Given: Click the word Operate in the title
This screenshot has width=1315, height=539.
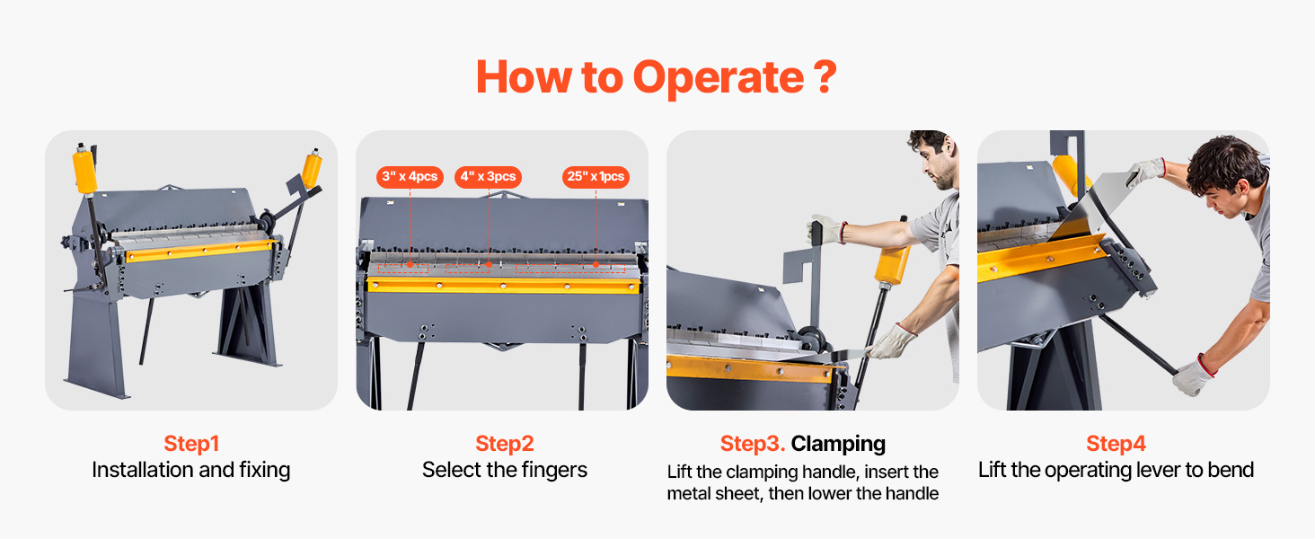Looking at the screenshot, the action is (719, 78).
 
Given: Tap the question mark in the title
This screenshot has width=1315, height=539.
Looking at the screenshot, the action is (825, 77).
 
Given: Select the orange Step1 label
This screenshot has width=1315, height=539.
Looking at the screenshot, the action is (191, 443).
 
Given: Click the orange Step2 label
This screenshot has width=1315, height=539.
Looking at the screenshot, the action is (504, 443).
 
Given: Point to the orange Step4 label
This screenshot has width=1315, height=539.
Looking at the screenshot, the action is (1116, 443).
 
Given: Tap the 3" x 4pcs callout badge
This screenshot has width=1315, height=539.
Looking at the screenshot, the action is (410, 177).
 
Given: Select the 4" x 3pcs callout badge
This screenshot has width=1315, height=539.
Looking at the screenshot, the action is (488, 177).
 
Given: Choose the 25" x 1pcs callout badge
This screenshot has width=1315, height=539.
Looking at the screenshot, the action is (596, 177).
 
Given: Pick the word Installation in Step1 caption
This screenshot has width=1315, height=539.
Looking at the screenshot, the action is (142, 470).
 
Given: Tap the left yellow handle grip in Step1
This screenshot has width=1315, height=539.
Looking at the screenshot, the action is (84, 170).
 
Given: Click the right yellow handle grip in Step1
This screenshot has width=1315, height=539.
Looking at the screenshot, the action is (312, 169).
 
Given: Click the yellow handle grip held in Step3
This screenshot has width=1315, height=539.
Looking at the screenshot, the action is (892, 263).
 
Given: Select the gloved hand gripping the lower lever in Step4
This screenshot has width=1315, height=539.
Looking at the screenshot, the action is (1193, 375).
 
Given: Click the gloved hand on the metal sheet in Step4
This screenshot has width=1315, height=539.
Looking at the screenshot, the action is (1145, 172).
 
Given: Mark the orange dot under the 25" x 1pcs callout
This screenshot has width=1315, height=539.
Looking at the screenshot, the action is (596, 265).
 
